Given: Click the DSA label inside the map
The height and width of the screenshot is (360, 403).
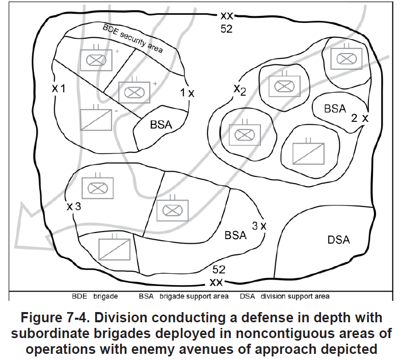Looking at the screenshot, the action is pos(338,240).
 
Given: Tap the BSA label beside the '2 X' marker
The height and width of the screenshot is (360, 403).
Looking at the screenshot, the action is pos(335,109).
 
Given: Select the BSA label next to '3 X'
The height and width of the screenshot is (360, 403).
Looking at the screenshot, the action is pos(235,235).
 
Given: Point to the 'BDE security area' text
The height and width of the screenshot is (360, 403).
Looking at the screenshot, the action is pos(132,39).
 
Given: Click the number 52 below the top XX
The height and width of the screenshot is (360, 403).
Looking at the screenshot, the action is pos(226,29).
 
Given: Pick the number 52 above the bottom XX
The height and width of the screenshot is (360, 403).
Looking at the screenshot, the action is pos(219,269).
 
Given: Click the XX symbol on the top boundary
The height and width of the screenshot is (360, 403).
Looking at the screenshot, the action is pos(227,16).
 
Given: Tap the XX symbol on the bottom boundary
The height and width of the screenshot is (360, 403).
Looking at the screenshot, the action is pos(216,282).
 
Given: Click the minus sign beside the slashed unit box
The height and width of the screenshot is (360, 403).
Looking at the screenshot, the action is pos(117,111).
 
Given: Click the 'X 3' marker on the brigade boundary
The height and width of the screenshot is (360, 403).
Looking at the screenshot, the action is pos(74,206).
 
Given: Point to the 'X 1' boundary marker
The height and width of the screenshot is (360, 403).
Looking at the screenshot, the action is pos(59,89).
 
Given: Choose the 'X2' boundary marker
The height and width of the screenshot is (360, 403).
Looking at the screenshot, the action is pos(240,90).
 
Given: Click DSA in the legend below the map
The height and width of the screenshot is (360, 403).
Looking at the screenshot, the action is pos(247,296).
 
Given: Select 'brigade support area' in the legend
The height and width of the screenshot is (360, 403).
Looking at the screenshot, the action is pos(194,296).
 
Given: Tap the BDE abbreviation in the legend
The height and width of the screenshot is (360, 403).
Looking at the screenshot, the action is pos(79,296).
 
